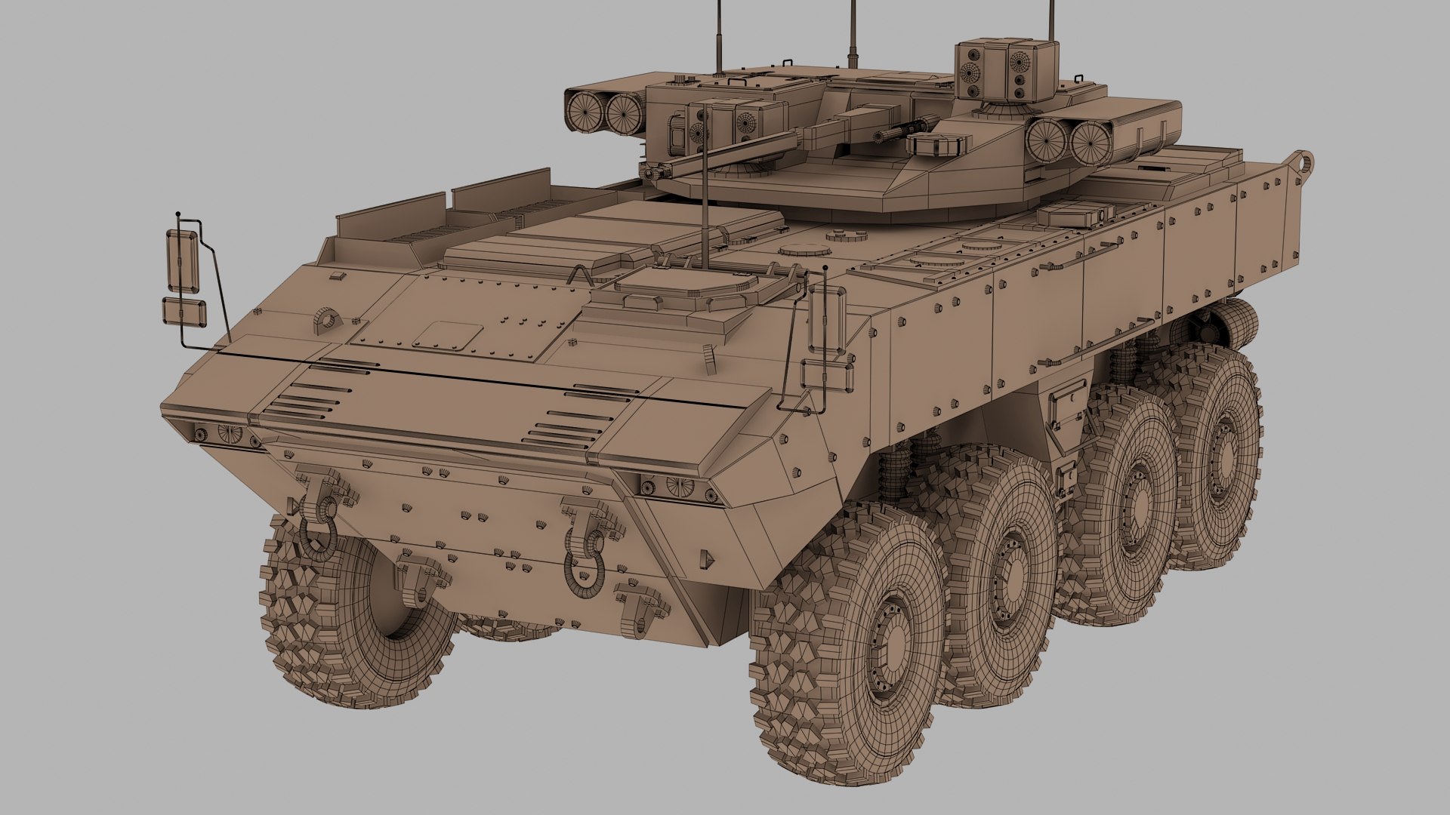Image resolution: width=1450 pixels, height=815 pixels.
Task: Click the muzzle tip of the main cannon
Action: point(647,174)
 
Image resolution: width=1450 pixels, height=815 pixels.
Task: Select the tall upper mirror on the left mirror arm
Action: point(182,261)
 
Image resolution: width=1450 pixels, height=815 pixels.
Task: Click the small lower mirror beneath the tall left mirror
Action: point(184,312)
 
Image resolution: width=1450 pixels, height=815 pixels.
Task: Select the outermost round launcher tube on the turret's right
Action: point(1087,143)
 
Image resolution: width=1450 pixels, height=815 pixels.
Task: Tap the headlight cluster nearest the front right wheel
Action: point(677,485)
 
